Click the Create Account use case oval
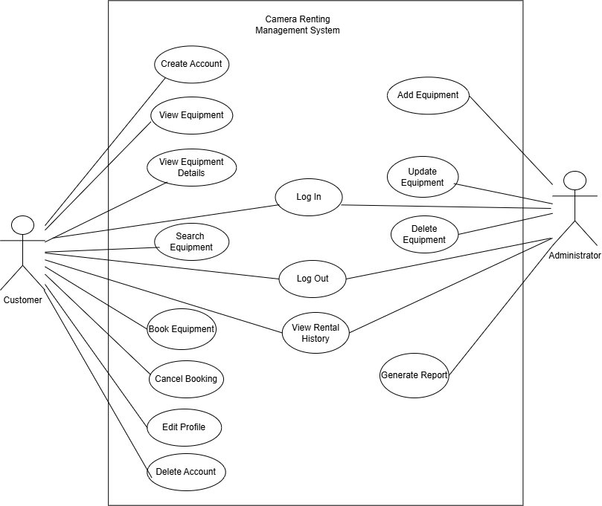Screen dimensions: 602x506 (x=191, y=64)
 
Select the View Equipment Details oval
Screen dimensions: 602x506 (x=191, y=167)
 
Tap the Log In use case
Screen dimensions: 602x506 (x=309, y=197)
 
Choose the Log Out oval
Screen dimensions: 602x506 (x=313, y=279)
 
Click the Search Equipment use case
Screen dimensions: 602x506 (x=191, y=242)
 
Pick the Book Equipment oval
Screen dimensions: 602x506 (x=182, y=329)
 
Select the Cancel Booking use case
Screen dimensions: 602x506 (x=186, y=379)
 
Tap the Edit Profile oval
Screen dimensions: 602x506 (x=185, y=427)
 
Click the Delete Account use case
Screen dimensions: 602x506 (x=187, y=472)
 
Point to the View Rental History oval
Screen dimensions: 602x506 (x=316, y=333)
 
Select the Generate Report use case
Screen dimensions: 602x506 (x=414, y=375)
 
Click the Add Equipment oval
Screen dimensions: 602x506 (x=428, y=95)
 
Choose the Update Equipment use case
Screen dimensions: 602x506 (x=423, y=177)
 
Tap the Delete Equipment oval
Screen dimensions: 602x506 (x=425, y=234)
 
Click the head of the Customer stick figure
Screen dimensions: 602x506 (x=22, y=225)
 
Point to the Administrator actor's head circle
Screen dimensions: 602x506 (x=574, y=181)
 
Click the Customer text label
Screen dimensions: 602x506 (x=22, y=300)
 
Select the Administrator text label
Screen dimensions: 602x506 (x=574, y=256)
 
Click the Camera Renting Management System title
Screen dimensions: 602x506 (x=298, y=25)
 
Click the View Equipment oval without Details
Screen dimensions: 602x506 (x=191, y=115)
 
